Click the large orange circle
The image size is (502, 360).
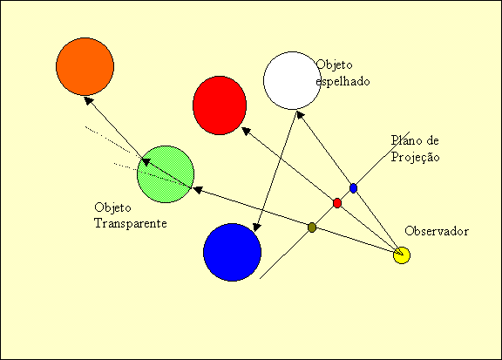click(85, 66)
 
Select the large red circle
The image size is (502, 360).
click(220, 105)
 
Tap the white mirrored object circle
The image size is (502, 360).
click(292, 80)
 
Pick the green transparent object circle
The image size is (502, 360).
click(166, 174)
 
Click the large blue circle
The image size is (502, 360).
click(232, 253)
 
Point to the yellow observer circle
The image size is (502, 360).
click(402, 255)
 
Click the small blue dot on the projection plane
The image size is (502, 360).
click(353, 188)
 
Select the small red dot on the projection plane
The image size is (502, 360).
click(337, 203)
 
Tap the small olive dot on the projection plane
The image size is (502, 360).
click(312, 228)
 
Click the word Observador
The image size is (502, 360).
click(437, 231)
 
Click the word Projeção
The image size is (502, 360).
click(415, 157)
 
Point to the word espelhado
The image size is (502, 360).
click(343, 81)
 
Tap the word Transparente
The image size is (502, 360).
click(131, 223)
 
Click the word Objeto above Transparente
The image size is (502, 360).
click(112, 207)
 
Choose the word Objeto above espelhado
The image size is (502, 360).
click(335, 65)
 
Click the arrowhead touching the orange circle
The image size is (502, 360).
click(88, 100)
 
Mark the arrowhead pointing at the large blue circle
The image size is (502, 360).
click(257, 228)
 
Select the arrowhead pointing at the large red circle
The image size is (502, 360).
click(246, 131)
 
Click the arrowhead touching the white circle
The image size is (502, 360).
click(300, 115)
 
